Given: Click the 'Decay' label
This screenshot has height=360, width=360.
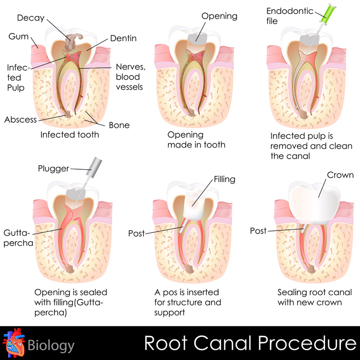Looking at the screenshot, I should [31, 18].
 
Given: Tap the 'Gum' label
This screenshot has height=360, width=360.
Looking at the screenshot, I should [19, 37].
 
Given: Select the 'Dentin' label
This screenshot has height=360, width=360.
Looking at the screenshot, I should [122, 39].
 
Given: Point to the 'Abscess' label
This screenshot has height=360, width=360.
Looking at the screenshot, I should [21, 120].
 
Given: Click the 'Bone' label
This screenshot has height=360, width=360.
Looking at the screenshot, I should [119, 125].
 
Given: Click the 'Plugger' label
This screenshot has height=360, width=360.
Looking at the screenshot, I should [53, 169].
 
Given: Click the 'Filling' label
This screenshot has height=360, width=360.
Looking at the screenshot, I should [224, 179].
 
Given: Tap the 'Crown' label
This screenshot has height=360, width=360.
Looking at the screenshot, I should [340, 175].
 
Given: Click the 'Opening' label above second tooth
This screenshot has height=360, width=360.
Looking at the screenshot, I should [219, 16].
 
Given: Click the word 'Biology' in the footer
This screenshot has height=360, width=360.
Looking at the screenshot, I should [51, 345].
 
